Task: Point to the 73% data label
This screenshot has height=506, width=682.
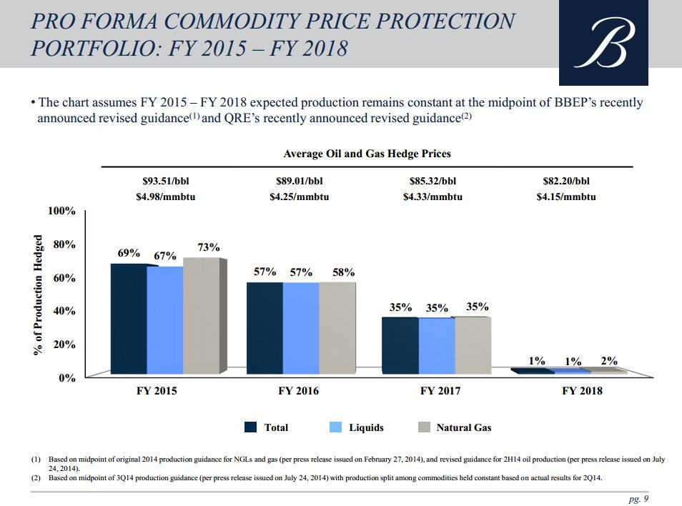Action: [208, 247]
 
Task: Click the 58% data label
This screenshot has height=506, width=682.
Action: [343, 272]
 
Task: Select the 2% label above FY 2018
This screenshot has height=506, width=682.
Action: [609, 361]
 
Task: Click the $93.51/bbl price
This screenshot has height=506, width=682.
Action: [165, 182]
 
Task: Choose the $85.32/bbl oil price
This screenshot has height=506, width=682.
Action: [433, 182]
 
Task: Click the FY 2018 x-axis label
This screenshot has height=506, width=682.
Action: [582, 391]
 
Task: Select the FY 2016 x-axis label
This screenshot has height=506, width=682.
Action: [298, 391]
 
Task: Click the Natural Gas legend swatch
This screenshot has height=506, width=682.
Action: [423, 427]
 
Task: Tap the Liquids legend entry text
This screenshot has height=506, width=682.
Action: [366, 427]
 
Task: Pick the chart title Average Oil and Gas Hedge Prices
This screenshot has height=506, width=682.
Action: [367, 154]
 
